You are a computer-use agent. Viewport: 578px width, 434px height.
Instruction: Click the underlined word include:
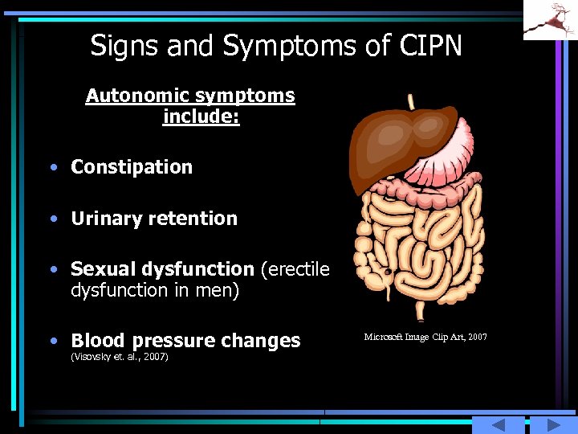pos(201,117)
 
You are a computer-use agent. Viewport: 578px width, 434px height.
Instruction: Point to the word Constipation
pos(132,167)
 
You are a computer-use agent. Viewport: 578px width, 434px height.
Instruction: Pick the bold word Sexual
pos(100,269)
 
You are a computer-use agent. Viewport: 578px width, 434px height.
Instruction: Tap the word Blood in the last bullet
pos(96,341)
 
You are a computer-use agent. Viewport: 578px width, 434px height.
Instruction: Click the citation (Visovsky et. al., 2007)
pos(120,356)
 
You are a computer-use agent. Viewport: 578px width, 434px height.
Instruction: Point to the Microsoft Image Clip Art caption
pos(425,337)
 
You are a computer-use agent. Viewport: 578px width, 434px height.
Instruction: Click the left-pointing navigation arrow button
pos(498,425)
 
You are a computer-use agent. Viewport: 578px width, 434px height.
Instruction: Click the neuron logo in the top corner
pos(550,19)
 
